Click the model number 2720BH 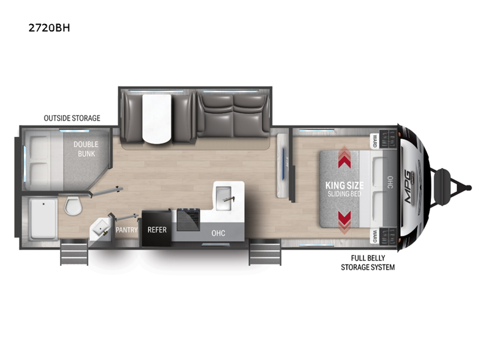[x=49, y=28]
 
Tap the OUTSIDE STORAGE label [x=72, y=118]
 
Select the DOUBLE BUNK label [x=86, y=149]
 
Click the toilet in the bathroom [x=73, y=205]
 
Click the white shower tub [x=43, y=219]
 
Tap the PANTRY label [x=127, y=230]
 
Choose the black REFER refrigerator [x=157, y=228]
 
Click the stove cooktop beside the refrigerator [x=188, y=219]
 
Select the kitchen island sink [x=224, y=198]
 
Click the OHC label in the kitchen [x=218, y=233]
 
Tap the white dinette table [x=157, y=118]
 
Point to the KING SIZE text [x=344, y=185]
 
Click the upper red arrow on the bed [x=344, y=157]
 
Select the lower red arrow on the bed [x=344, y=223]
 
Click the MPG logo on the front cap [x=409, y=187]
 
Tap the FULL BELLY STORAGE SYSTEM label [x=368, y=263]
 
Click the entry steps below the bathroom [x=74, y=252]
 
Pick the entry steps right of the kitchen [x=265, y=252]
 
